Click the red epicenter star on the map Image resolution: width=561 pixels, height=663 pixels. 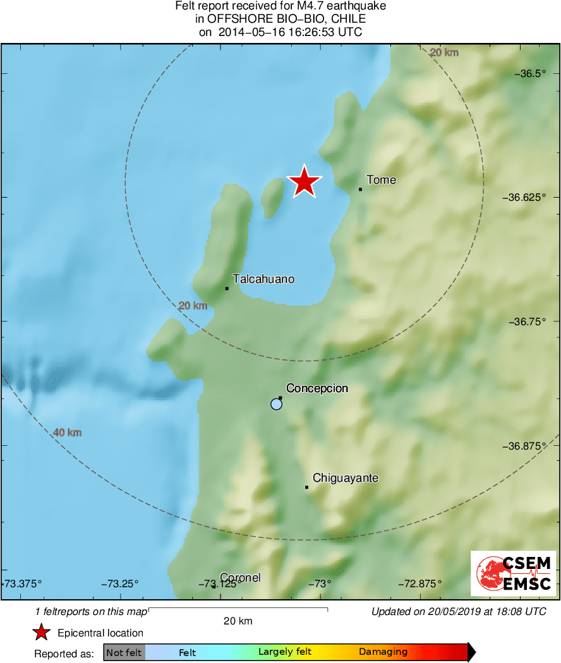pyautogui.click(x=305, y=182)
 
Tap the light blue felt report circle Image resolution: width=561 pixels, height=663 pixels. pyautogui.click(x=276, y=404)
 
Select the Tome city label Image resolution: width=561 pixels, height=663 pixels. pyautogui.click(x=382, y=180)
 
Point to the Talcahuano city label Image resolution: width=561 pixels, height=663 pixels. pyautogui.click(x=263, y=278)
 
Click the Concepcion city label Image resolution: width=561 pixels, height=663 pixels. pyautogui.click(x=317, y=388)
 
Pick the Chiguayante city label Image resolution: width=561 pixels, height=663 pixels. pyautogui.click(x=346, y=478)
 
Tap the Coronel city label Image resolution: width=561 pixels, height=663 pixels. pyautogui.click(x=241, y=578)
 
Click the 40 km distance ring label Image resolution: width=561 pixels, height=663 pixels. pyautogui.click(x=68, y=433)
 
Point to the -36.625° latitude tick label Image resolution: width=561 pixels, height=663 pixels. pyautogui.click(x=528, y=197)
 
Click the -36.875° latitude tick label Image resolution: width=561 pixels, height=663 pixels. pyautogui.click(x=528, y=445)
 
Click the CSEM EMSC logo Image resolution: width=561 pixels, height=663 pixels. pyautogui.click(x=514, y=573)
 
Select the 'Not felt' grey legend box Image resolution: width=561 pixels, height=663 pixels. pyautogui.click(x=124, y=652)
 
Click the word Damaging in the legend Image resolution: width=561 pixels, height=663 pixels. pyautogui.click(x=383, y=652)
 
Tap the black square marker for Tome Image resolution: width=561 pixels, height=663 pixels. pyautogui.click(x=360, y=189)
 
